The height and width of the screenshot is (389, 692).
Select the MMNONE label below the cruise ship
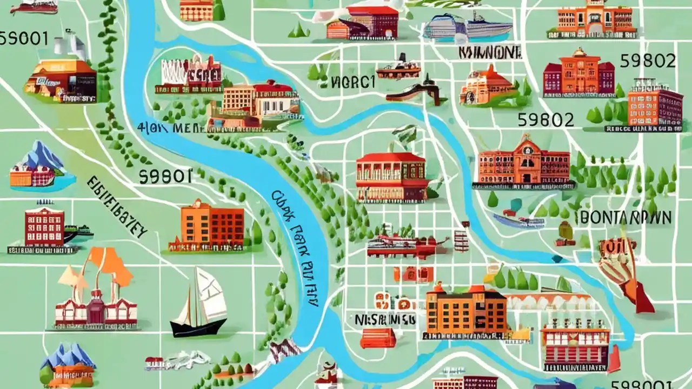[x=490, y=52]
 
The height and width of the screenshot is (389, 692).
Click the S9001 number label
[x=24, y=39]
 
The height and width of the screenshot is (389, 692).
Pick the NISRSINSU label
[x=385, y=319]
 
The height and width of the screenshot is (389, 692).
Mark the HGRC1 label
[x=352, y=82]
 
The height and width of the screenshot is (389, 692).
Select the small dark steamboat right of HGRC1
[x=398, y=68]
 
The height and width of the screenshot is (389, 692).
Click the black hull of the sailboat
[x=198, y=326]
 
